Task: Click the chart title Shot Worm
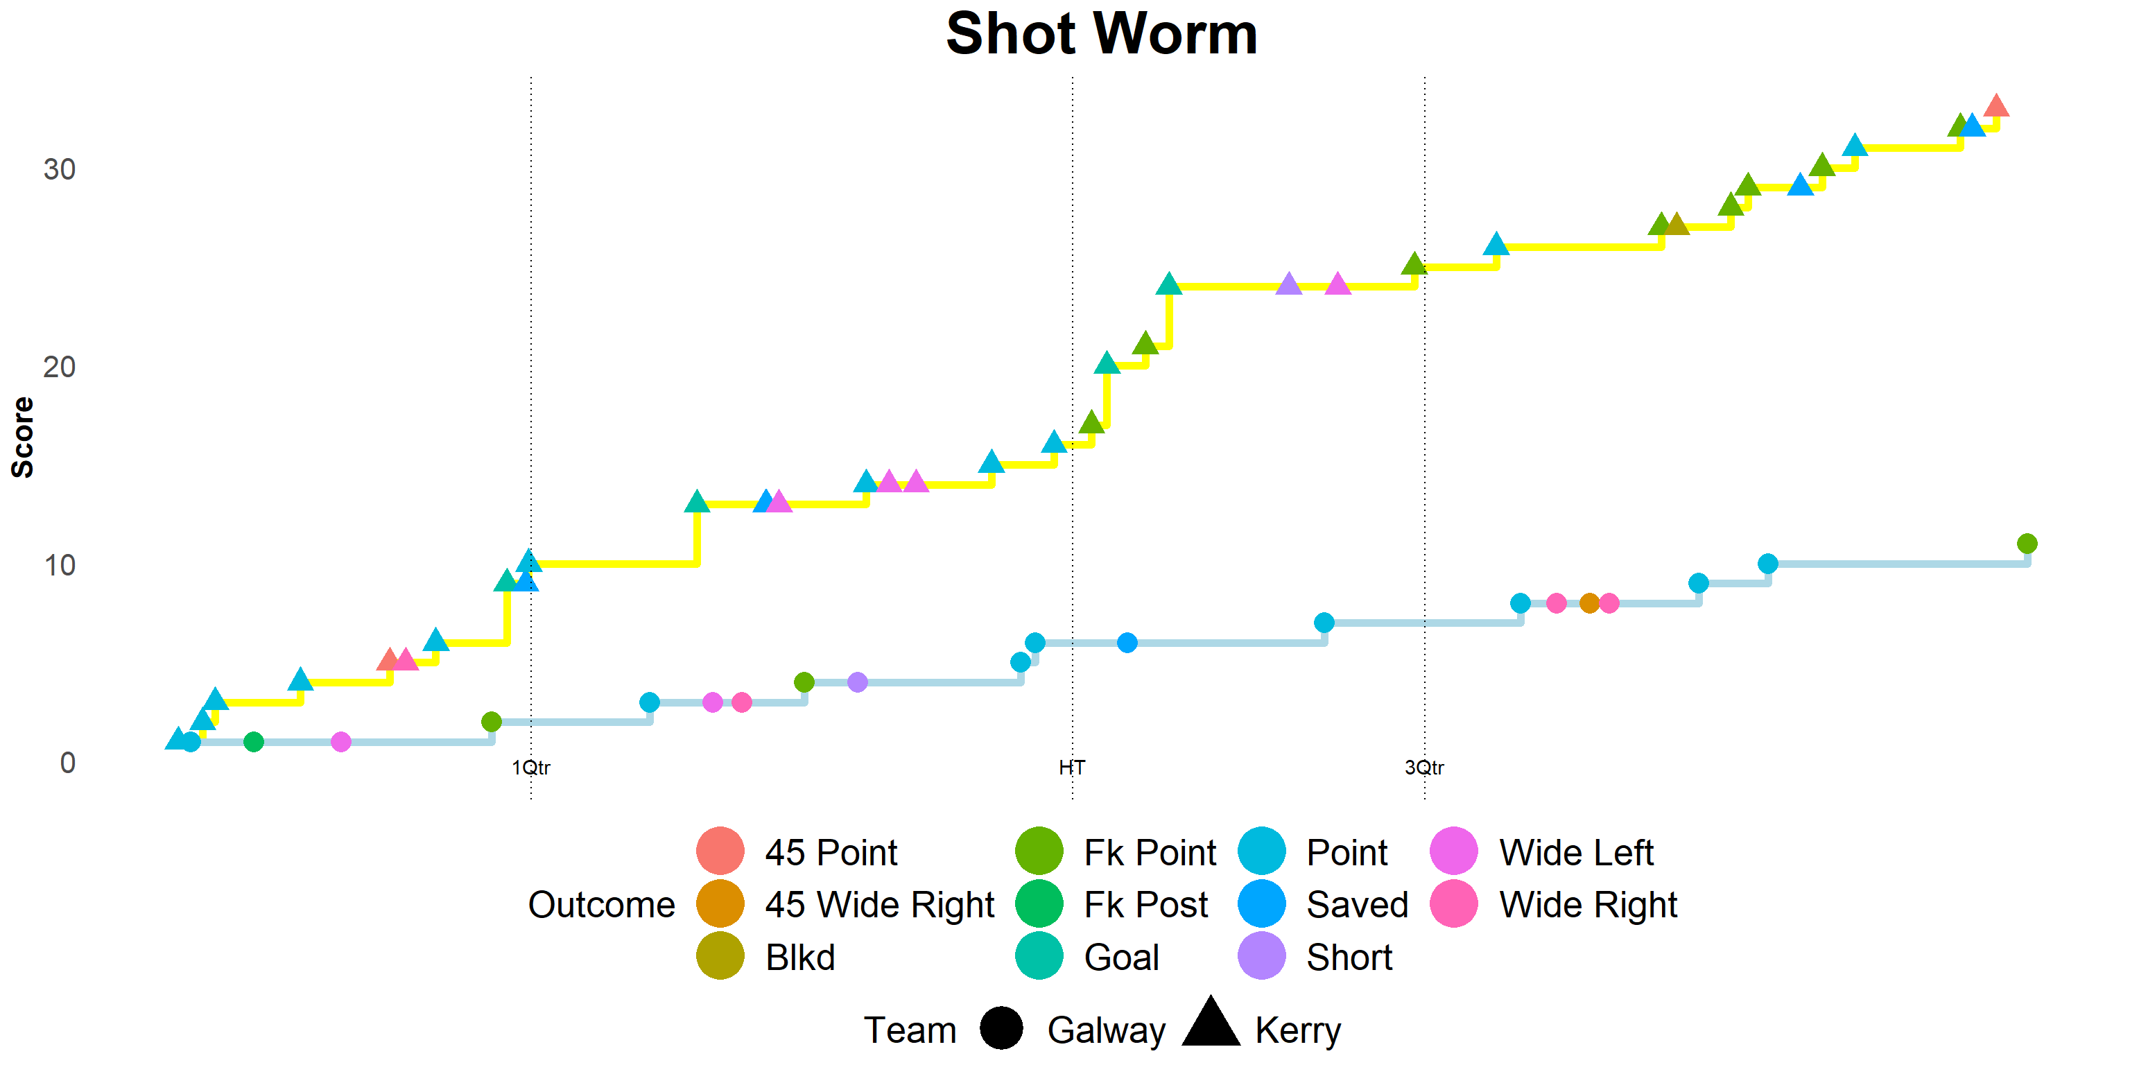tap(1101, 35)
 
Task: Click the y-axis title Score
tap(22, 437)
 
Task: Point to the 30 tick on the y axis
tap(60, 169)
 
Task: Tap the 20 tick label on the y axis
tap(60, 367)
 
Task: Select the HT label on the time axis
tap(1072, 768)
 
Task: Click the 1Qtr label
tap(531, 768)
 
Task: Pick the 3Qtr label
tap(1424, 768)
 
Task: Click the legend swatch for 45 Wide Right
tap(720, 903)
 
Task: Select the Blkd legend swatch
tap(720, 956)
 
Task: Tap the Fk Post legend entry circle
tap(1039, 903)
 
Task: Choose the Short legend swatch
tap(1262, 956)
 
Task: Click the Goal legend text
tap(1121, 958)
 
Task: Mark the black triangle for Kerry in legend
tap(1211, 1023)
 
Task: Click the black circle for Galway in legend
tap(1001, 1029)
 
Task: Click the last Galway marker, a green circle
tap(2027, 544)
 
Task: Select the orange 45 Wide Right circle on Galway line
tap(1589, 603)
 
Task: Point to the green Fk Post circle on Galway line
tap(254, 742)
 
